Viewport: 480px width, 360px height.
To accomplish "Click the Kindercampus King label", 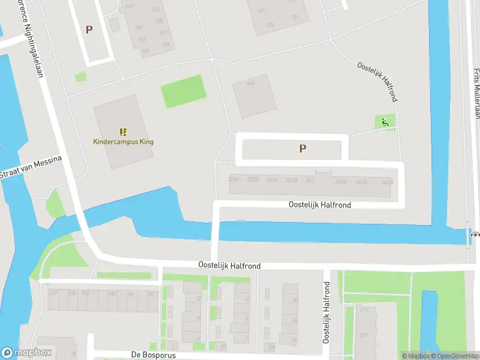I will point(124,142).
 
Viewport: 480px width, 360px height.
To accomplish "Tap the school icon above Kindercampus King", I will point(124,132).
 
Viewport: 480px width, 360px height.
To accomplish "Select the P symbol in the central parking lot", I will point(303,148).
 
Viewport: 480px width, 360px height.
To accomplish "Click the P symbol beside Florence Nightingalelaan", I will point(89,29).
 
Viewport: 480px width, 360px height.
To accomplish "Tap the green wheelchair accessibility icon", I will point(385,123).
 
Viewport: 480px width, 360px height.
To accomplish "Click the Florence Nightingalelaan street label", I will point(29,36).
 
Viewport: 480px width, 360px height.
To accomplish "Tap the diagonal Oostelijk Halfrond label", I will point(377,81).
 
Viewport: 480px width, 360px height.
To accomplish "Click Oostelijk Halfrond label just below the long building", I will point(320,205).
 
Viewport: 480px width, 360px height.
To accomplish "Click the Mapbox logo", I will point(26,353).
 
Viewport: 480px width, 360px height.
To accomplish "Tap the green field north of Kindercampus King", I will point(183,91).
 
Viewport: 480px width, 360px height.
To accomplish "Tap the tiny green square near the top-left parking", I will point(80,77).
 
